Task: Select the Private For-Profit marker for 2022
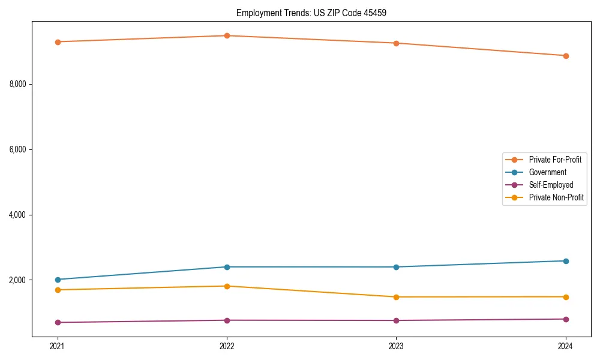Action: point(227,35)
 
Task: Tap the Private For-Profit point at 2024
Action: point(566,56)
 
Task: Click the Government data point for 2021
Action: point(58,280)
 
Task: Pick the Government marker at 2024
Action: point(566,261)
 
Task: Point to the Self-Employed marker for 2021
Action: point(58,322)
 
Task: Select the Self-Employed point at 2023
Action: point(396,320)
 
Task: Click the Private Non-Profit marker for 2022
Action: point(227,286)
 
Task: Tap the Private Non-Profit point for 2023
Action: point(396,297)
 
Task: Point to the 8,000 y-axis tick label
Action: point(17,84)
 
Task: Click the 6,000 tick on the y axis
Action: point(17,149)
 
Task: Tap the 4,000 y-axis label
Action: point(17,215)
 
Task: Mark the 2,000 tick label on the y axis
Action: point(17,280)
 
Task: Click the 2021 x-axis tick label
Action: point(58,346)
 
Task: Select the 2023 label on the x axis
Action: point(396,346)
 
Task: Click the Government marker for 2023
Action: point(396,267)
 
